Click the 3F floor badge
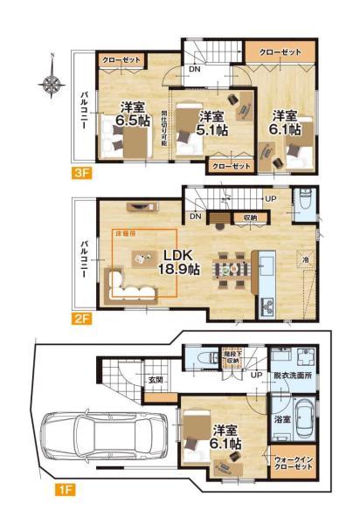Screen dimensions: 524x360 (83, 173)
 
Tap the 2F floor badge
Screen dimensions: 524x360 (83, 320)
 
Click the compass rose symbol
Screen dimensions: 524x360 (52, 85)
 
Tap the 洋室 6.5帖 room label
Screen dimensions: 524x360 (131, 115)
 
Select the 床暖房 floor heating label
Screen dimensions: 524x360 (126, 235)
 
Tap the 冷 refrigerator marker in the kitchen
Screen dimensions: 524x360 (305, 259)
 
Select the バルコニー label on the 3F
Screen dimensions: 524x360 (81, 110)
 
